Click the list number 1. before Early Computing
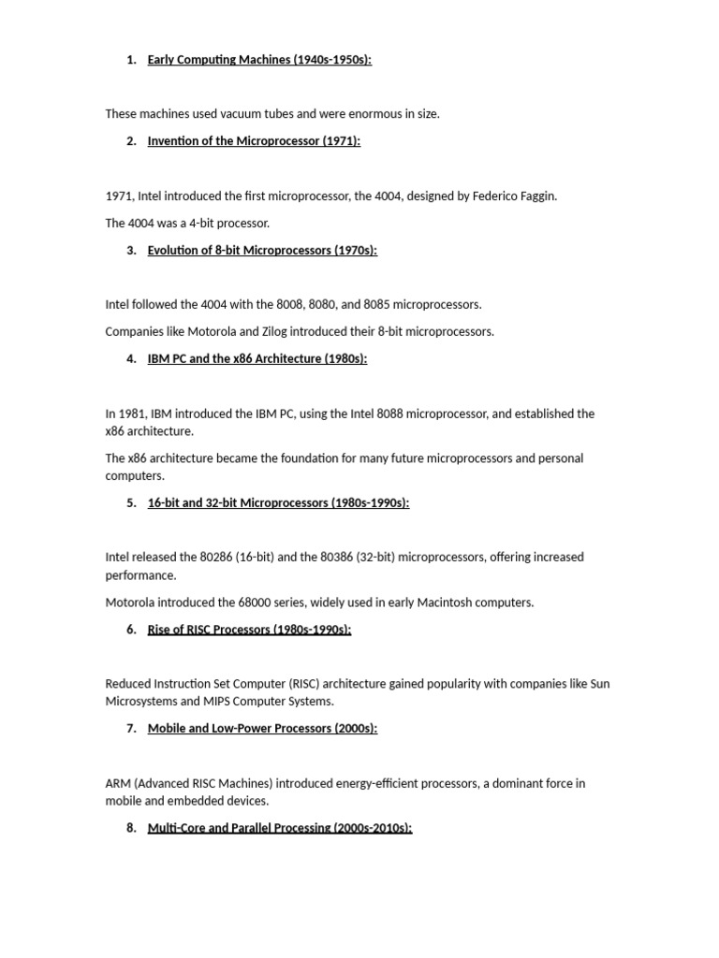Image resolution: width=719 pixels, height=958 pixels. pos(131,60)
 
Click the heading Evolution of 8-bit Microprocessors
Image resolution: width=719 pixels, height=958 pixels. pos(262,250)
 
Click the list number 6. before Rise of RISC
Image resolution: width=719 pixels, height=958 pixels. pos(131,630)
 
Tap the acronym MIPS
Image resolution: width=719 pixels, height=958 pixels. pos(217,702)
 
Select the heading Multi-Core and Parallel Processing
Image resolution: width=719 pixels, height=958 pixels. pos(279,828)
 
